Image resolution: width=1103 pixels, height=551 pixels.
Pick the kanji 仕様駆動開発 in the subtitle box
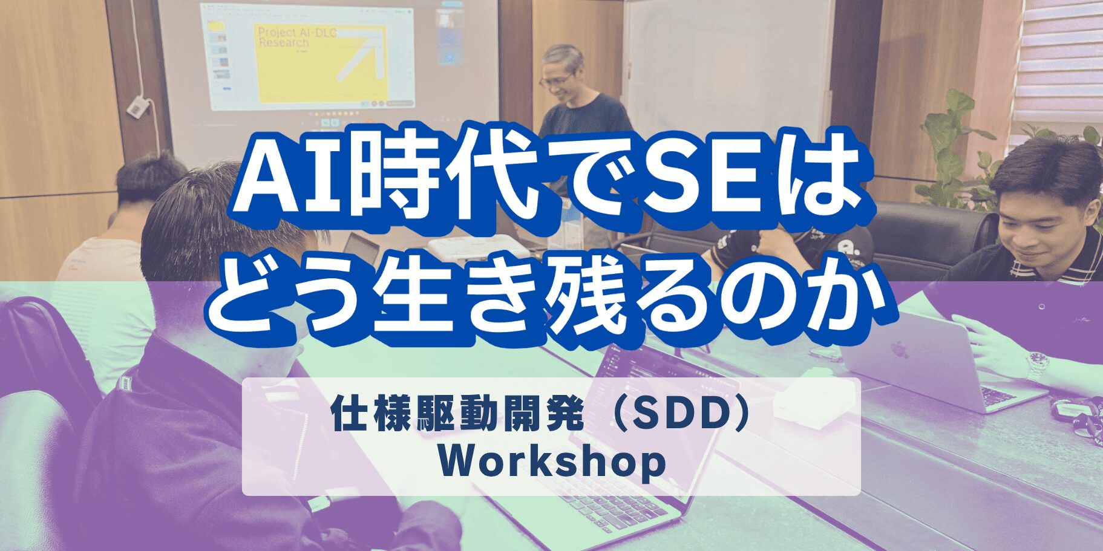(457, 416)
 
